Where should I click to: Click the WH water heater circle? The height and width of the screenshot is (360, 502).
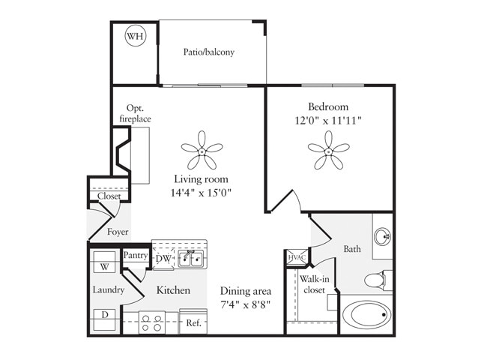pyautogui.click(x=136, y=37)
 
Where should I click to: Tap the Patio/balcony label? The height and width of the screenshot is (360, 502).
pyautogui.click(x=209, y=52)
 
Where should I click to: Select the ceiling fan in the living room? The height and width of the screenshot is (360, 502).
pyautogui.click(x=202, y=150)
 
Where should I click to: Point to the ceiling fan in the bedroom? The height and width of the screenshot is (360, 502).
pyautogui.click(x=329, y=150)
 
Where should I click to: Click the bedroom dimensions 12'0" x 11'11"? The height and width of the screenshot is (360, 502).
pyautogui.click(x=330, y=120)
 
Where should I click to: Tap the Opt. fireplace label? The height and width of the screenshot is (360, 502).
pyautogui.click(x=135, y=114)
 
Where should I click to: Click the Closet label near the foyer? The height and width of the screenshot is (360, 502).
pyautogui.click(x=109, y=196)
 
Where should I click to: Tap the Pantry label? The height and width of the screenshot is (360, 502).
pyautogui.click(x=136, y=256)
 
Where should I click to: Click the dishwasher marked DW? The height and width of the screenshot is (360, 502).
pyautogui.click(x=163, y=259)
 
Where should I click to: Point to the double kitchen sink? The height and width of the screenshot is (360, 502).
pyautogui.click(x=190, y=259)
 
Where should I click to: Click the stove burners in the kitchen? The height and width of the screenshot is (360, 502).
pyautogui.click(x=152, y=323)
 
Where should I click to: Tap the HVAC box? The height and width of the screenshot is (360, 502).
pyautogui.click(x=294, y=258)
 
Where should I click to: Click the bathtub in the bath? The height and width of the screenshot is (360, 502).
pyautogui.click(x=366, y=313)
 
